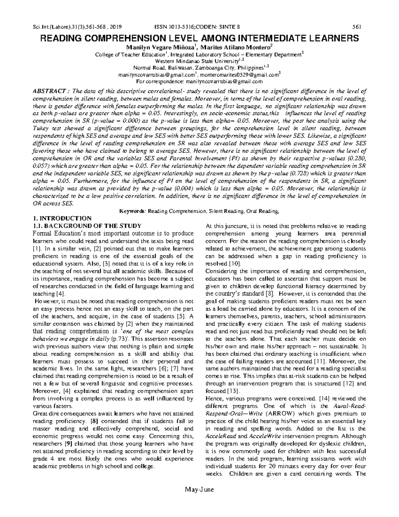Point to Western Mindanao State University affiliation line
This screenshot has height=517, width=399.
(x=199, y=61)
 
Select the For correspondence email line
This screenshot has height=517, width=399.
(x=199, y=82)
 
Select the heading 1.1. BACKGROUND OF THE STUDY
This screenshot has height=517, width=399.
(x=86, y=226)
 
